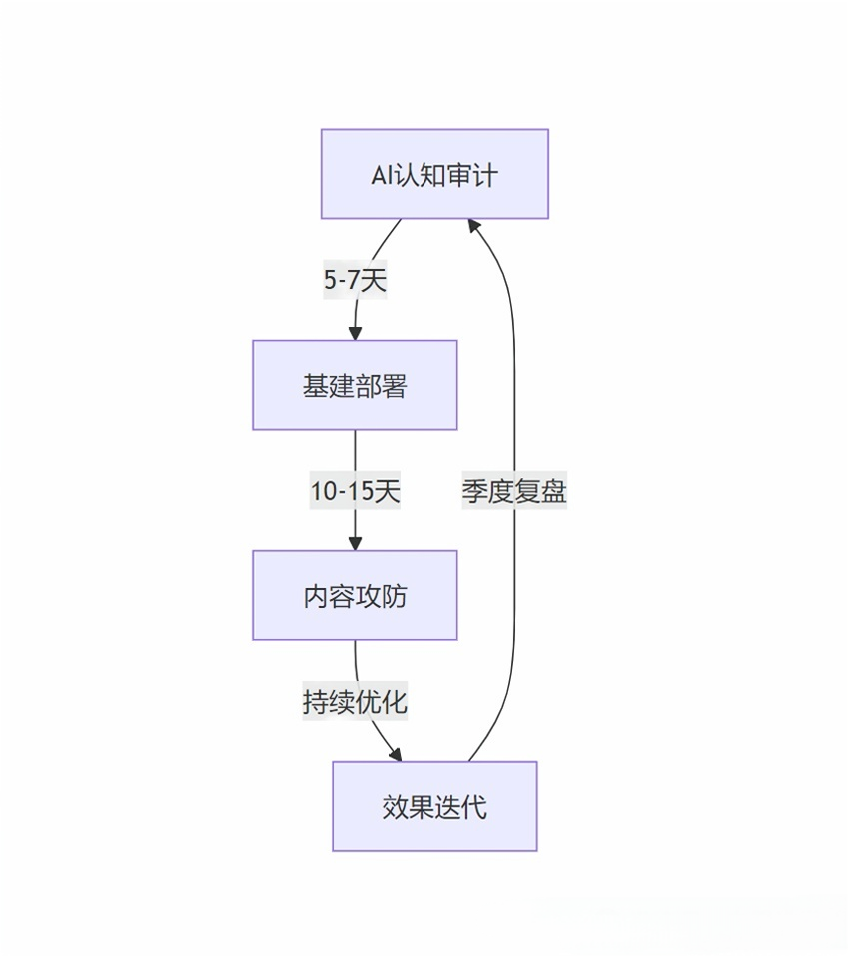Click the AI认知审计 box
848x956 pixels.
pos(434,174)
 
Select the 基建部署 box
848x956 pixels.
pos(355,385)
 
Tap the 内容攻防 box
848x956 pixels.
pos(355,595)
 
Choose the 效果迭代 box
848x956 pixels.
pos(434,806)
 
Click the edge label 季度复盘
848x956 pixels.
pos(514,491)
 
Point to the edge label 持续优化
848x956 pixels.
pos(355,702)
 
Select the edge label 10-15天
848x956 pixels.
pos(355,491)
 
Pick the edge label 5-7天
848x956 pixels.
pos(355,281)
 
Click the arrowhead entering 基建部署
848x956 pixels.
pos(355,333)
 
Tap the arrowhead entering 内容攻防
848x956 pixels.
pos(355,543)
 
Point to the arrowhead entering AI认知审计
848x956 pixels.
pos(474,226)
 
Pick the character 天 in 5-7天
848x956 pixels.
pos(373,281)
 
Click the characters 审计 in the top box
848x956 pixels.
pos(472,175)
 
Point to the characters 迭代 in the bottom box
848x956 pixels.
pos(461,806)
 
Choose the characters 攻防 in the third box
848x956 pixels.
pos(382,596)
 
